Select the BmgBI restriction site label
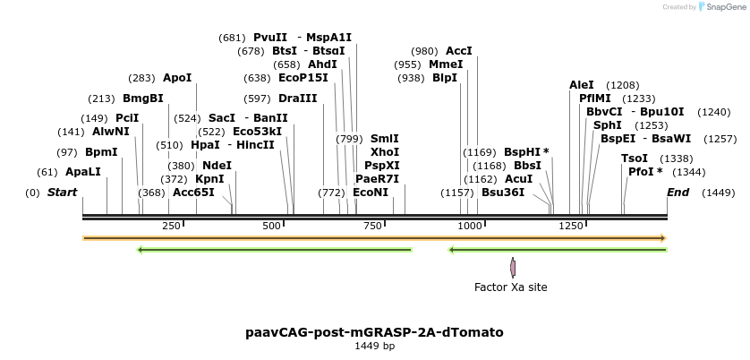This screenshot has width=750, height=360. pos(143,99)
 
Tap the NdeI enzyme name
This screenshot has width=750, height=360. pos(217,166)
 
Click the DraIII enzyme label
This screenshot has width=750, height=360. pos(297,99)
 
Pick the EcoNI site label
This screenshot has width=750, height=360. pos(371,193)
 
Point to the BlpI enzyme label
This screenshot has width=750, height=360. pos(445,79)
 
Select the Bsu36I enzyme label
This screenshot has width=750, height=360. pos(503,193)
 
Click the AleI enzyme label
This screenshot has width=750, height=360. pos(582,85)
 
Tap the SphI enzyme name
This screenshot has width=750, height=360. pos(607,125)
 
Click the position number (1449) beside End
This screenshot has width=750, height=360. pos(718,193)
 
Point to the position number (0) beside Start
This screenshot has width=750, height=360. pos(32,193)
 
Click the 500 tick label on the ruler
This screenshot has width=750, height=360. pos(271,227)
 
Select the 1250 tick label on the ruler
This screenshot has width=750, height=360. pos(571,227)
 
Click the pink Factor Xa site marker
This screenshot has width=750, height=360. pos(513,267)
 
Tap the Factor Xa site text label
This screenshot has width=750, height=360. pos(510,287)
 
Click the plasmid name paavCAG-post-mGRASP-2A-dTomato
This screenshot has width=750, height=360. pos(374,332)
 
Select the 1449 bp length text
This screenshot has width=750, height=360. pos(374,346)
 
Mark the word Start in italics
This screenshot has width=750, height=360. pos(62,193)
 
